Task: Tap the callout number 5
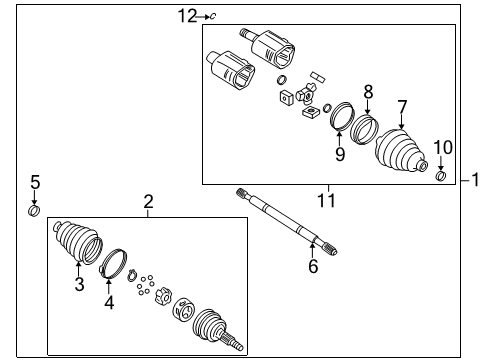(x=34, y=182)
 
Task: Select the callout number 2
(x=148, y=203)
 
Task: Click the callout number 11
(x=327, y=201)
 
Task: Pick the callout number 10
(x=443, y=148)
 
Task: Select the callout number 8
(x=367, y=91)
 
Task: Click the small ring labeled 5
(x=34, y=209)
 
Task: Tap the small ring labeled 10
(x=440, y=177)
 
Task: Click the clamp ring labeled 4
(x=112, y=262)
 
